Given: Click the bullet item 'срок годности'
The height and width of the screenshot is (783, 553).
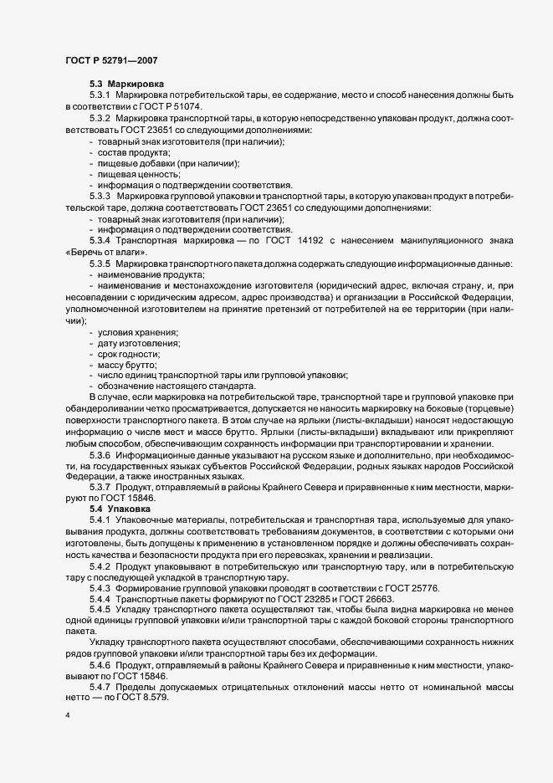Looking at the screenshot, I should (130, 354).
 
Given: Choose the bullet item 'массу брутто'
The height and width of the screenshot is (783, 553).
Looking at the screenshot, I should (127, 365).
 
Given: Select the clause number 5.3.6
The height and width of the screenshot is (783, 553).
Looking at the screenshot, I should (102, 454).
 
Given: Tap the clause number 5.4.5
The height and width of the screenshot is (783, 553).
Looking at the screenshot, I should (102, 610).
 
